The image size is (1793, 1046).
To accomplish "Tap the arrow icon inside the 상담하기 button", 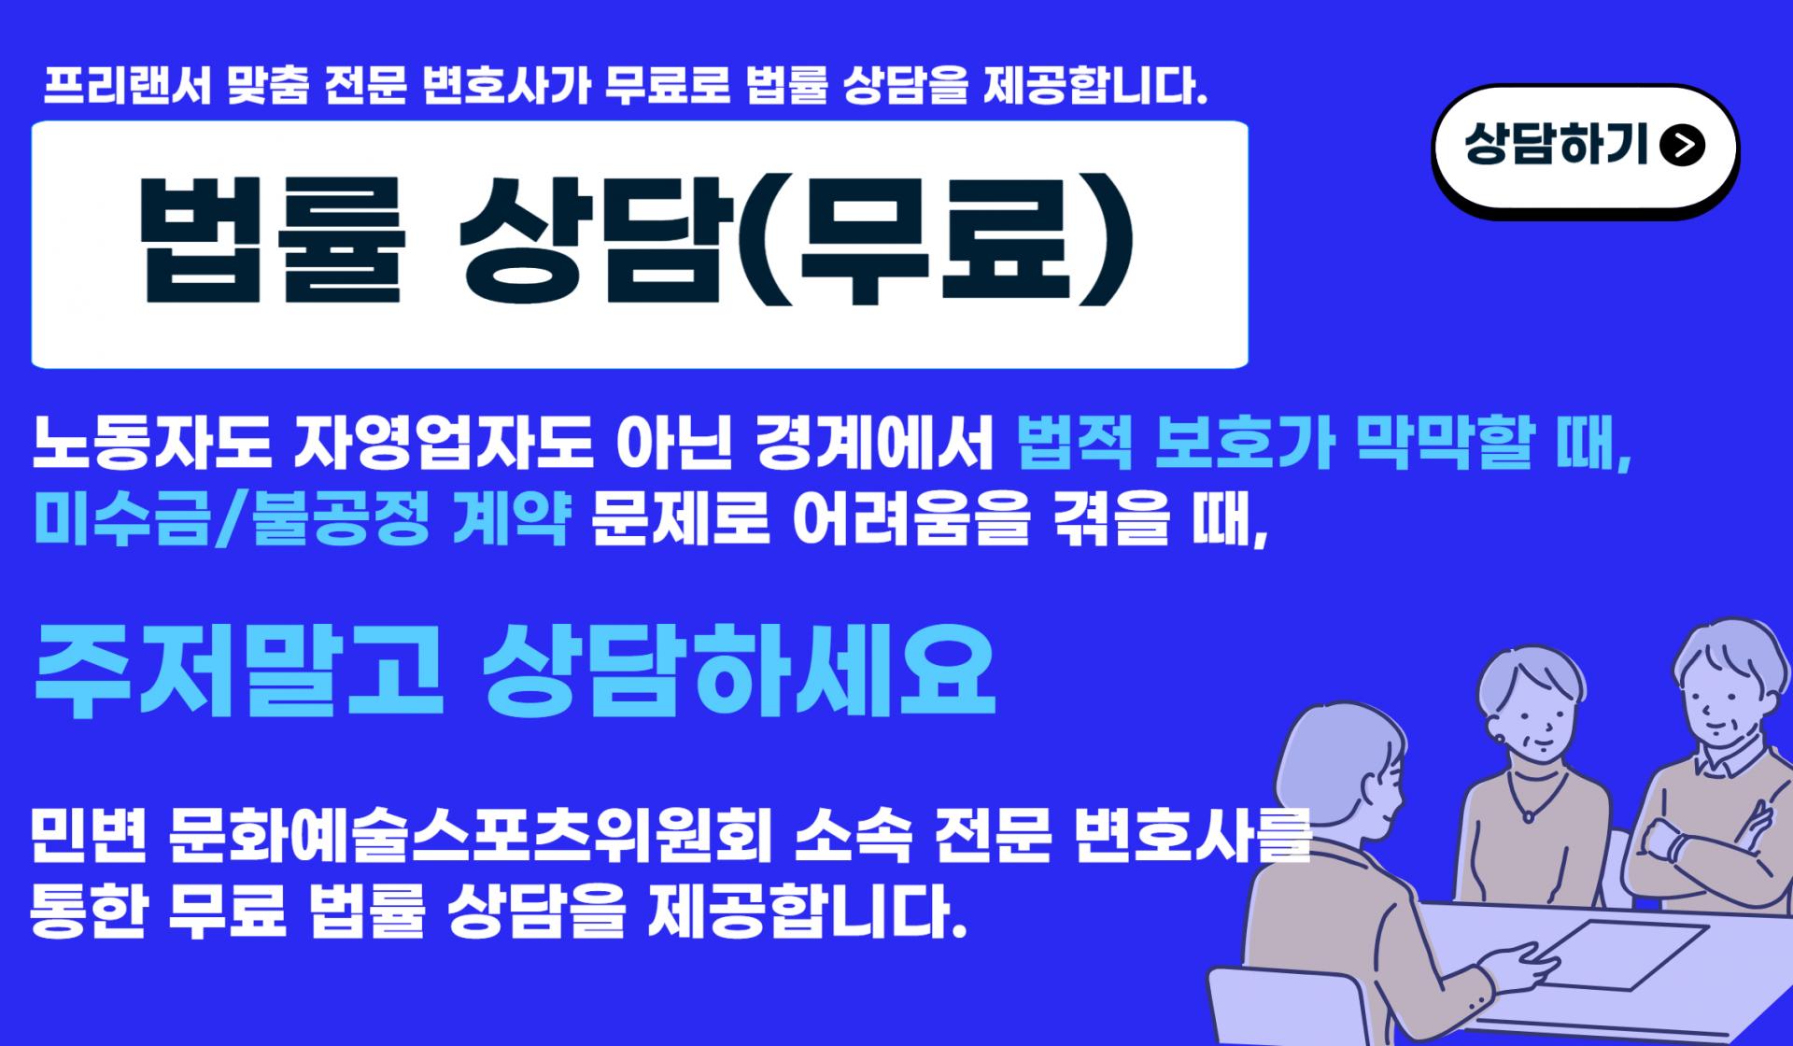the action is (x=1683, y=146).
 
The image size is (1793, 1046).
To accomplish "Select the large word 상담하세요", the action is (x=739, y=671).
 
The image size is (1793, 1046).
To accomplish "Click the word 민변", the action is (x=89, y=837).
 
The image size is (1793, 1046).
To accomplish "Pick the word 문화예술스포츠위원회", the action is (x=472, y=837).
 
